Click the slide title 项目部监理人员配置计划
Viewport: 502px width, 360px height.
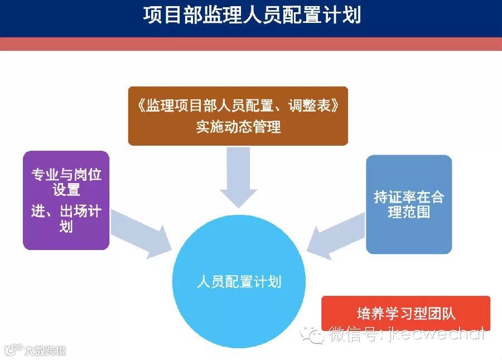251,16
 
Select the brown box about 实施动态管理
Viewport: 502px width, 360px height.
238,116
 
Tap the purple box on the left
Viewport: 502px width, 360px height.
66,200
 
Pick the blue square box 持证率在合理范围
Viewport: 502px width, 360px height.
409,204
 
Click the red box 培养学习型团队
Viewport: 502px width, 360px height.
406,313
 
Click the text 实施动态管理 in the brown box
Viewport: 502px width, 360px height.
238,127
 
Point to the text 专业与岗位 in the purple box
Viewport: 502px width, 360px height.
66,175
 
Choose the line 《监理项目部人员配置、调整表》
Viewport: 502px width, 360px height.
238,105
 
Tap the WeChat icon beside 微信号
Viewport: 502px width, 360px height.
313,334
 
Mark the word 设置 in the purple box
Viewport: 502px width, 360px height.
66,190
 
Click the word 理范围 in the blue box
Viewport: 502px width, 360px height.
409,212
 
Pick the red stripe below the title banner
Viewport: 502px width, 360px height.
251,44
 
